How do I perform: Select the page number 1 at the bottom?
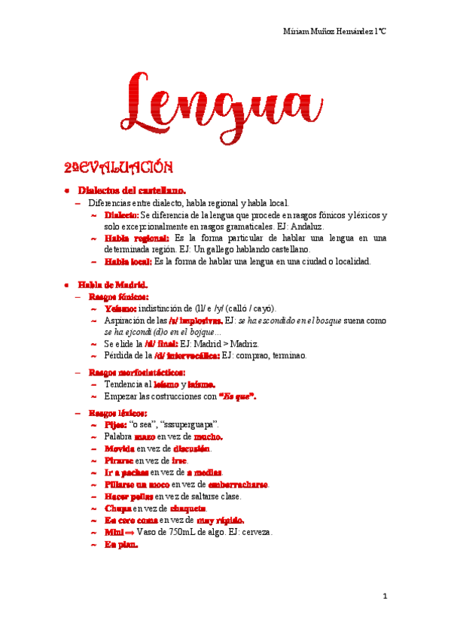(384, 597)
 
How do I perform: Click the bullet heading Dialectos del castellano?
(132, 191)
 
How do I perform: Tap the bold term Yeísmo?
(120, 308)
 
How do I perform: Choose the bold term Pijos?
(116, 424)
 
